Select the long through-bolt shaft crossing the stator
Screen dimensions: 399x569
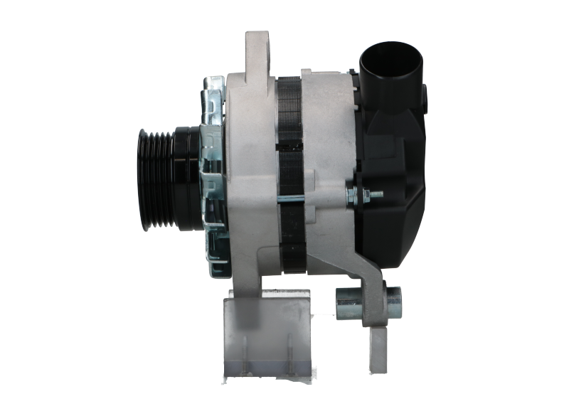(313, 193)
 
